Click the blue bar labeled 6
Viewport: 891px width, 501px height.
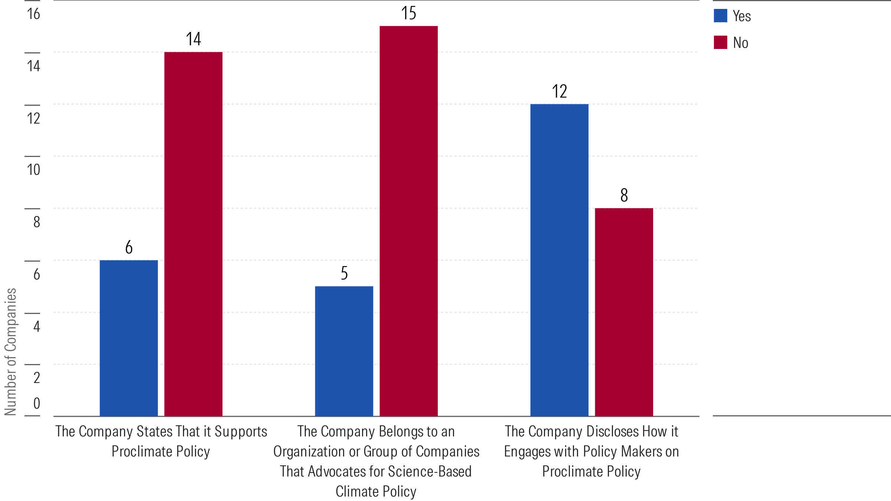tap(129, 338)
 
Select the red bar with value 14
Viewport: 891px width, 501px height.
tap(193, 234)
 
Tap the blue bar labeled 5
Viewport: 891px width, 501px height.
tap(344, 351)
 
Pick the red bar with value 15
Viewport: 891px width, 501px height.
tap(409, 221)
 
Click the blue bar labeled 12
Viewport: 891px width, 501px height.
tap(559, 260)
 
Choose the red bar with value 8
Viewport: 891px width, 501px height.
tap(624, 312)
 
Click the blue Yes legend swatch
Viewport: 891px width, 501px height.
tap(721, 16)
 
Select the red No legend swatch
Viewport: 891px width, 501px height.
tap(721, 42)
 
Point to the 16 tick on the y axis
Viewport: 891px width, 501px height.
tap(33, 14)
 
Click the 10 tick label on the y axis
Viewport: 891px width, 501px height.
tap(33, 170)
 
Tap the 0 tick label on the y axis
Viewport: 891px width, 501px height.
tap(36, 403)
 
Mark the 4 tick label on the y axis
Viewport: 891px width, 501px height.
tap(36, 326)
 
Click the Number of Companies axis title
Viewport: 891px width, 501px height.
tap(10, 351)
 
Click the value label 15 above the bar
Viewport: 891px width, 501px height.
tap(409, 13)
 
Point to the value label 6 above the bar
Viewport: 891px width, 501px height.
tap(129, 247)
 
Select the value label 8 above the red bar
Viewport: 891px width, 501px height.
tap(624, 195)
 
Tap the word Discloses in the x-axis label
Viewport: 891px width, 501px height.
tap(613, 432)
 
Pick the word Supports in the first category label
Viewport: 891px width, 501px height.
tap(241, 432)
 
